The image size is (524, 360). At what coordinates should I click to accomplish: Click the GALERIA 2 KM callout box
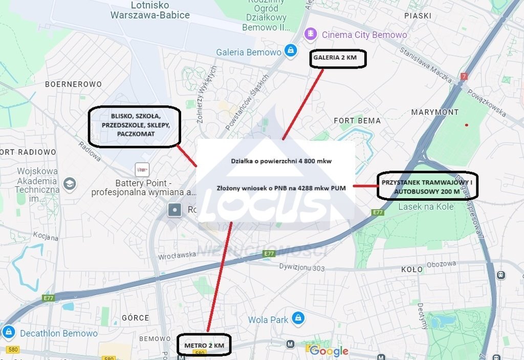point(338,58)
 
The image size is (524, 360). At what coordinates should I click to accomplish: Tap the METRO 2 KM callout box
point(204,345)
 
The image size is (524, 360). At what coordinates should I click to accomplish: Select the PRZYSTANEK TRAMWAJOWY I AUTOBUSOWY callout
point(427,185)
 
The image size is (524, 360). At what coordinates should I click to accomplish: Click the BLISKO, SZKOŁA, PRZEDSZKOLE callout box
point(135,126)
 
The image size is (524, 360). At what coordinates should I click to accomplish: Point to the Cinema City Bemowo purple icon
point(310,35)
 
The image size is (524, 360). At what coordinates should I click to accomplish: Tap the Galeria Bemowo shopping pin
point(290,51)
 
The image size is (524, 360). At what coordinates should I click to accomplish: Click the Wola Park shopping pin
point(297,318)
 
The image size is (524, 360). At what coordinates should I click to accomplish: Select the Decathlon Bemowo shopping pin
point(8,332)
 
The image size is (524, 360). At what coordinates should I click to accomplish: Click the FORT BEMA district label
point(357,121)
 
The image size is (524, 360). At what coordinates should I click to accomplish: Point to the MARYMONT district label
point(435,112)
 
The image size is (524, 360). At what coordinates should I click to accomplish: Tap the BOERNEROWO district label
point(73,84)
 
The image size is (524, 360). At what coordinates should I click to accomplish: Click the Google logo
point(329,351)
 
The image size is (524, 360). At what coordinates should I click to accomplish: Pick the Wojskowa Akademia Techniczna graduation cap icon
point(69,183)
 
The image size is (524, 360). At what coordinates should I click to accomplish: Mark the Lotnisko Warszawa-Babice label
point(150,10)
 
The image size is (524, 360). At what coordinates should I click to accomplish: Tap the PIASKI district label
point(418,16)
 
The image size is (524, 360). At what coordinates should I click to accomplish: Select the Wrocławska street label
point(178,255)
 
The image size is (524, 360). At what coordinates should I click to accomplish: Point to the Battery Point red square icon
point(142,170)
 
